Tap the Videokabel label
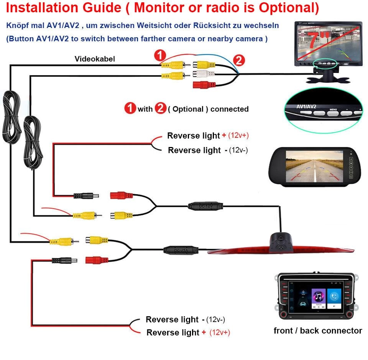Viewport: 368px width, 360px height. [95, 59]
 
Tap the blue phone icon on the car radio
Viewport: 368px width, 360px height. [334, 296]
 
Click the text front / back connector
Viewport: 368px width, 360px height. [317, 330]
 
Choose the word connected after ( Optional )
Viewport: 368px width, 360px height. [229, 109]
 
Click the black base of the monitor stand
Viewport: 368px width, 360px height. [328, 78]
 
